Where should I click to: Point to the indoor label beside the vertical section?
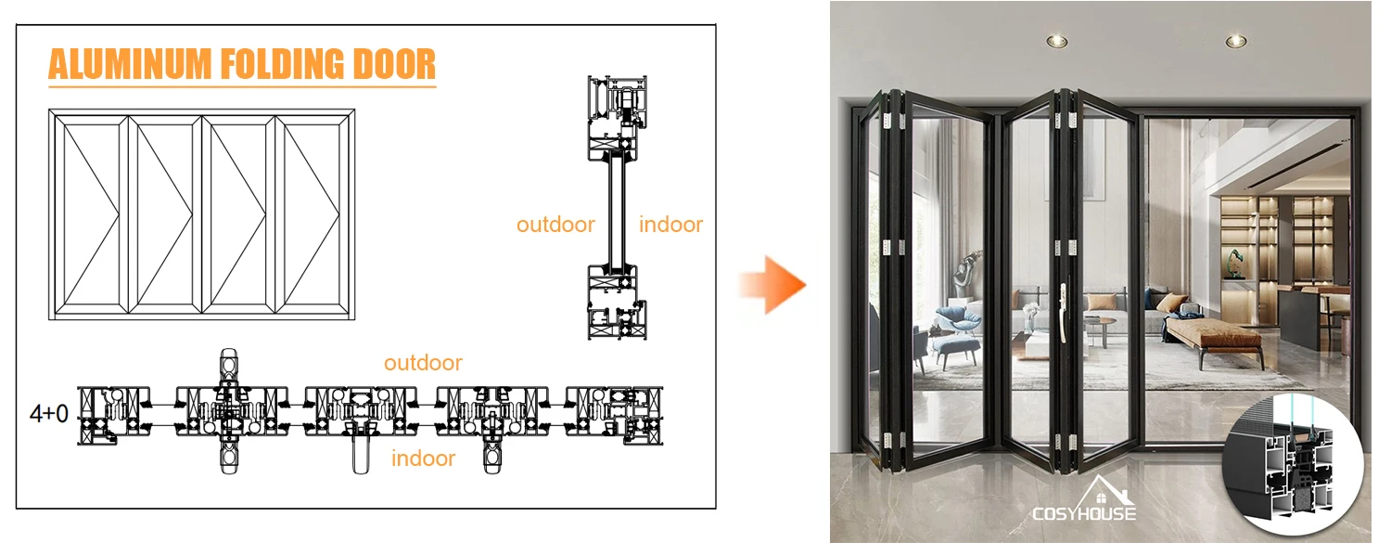click(670, 224)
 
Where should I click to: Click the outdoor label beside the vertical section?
click(555, 224)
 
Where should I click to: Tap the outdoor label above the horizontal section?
click(423, 363)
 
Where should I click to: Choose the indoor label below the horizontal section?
click(423, 458)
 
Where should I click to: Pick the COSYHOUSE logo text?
click(1084, 513)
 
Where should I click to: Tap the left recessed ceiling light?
click(1054, 40)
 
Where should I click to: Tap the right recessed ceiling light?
click(1235, 41)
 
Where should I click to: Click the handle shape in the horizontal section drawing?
click(361, 449)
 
